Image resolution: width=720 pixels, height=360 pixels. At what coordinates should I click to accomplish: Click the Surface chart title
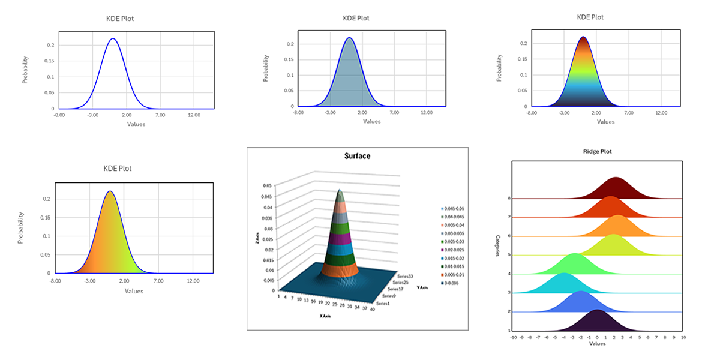(x=357, y=156)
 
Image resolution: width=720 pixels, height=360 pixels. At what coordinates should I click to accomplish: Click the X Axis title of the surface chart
(x=325, y=316)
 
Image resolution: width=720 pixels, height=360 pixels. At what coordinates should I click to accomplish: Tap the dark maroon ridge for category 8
(x=616, y=190)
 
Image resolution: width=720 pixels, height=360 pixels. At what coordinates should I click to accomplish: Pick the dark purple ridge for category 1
(x=597, y=322)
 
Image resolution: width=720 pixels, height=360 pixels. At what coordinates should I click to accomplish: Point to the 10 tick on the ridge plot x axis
(x=683, y=338)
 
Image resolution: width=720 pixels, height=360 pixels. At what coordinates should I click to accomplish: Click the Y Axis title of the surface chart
(x=422, y=287)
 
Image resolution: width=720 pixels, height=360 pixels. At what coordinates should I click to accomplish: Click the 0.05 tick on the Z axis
(x=268, y=185)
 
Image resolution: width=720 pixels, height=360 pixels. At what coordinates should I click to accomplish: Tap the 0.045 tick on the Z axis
(x=267, y=196)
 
